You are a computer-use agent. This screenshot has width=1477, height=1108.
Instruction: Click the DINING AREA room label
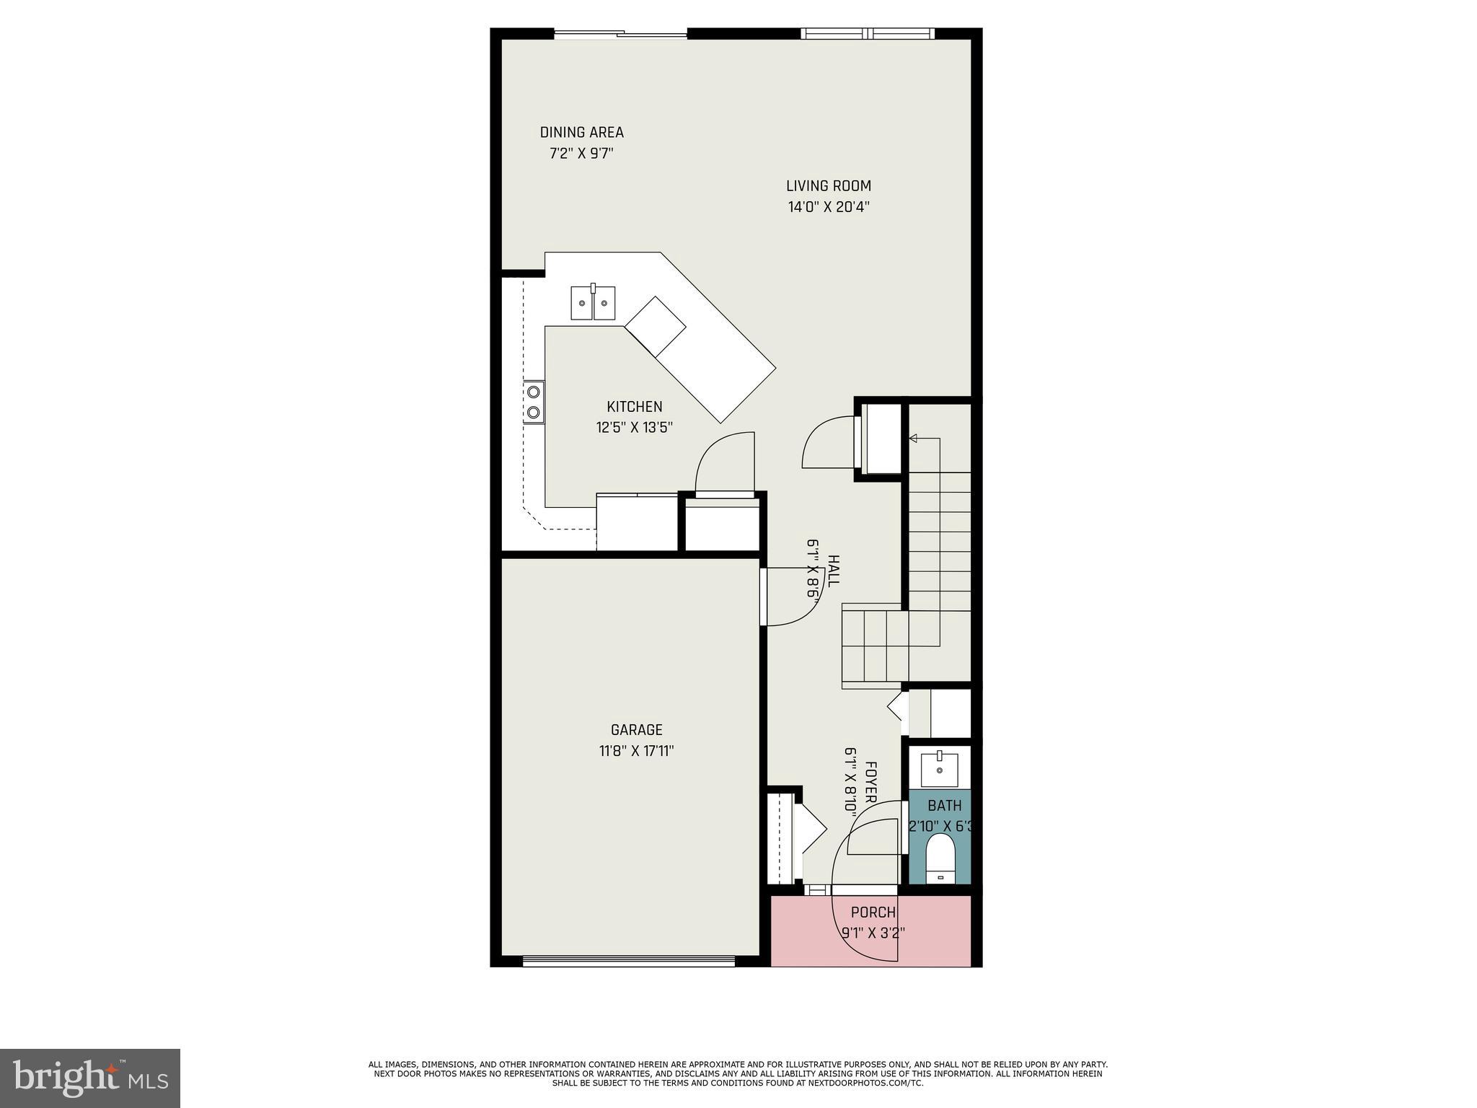pos(581,133)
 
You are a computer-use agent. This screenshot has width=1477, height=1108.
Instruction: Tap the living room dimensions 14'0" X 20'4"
pos(829,207)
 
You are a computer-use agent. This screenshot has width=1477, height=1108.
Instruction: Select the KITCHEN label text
pos(634,407)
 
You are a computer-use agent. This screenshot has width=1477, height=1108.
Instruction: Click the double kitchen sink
pos(593,302)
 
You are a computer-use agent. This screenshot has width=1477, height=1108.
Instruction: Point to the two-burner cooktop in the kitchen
pos(534,402)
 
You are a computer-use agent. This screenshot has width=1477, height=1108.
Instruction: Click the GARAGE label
pos(636,730)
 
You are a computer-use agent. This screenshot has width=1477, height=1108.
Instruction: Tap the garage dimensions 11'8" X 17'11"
pos(636,751)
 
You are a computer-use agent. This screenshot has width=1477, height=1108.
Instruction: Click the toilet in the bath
pos(940,858)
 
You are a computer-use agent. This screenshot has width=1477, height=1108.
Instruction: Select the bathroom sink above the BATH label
pos(940,770)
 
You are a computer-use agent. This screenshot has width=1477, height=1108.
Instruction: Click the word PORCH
pos(873,913)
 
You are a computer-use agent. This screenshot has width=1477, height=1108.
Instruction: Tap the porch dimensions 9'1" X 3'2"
pos(873,932)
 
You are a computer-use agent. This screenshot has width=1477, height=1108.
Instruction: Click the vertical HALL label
pos(833,571)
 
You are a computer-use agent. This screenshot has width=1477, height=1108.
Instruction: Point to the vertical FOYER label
pos(870,782)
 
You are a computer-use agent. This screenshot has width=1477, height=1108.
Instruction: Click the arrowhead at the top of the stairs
pos(913,438)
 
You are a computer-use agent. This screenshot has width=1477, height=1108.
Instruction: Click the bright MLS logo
pos(89,1078)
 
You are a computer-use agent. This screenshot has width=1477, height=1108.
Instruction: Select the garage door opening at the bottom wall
pos(628,960)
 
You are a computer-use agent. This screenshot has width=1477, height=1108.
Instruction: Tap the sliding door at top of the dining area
pos(620,33)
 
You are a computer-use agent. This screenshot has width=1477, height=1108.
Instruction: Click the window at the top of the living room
pos(868,33)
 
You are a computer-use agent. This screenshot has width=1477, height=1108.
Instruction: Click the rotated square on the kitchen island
pos(655,326)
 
